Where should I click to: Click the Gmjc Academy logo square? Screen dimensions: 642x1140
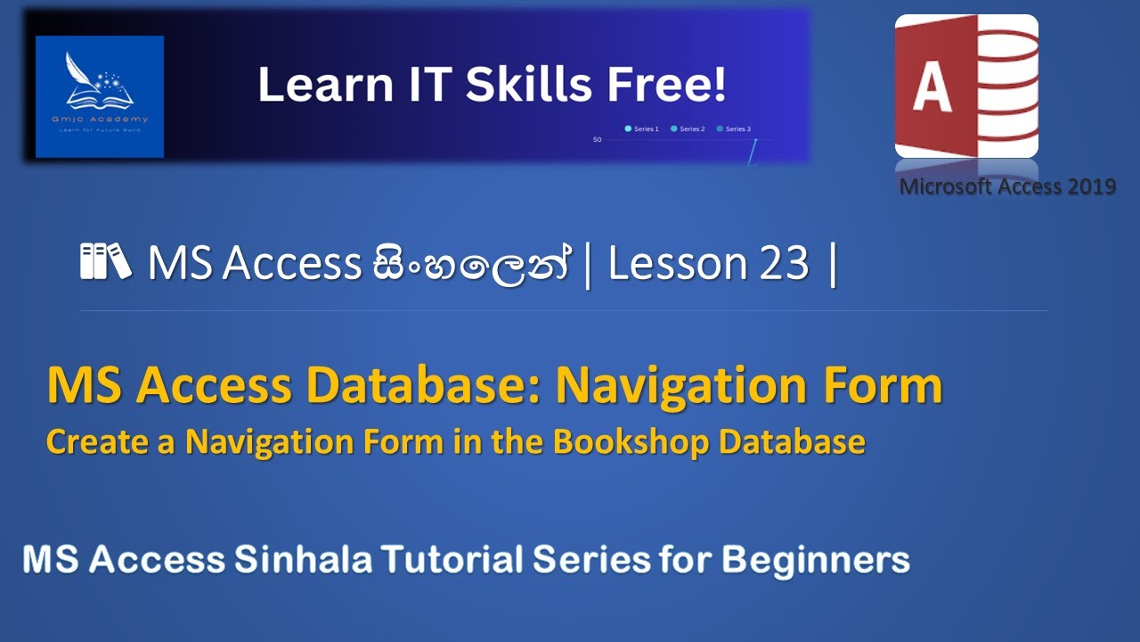point(100,96)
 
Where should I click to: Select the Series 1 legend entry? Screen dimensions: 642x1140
point(642,129)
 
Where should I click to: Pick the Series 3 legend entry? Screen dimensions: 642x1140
point(734,129)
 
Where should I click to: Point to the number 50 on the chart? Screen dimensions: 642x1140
point(598,140)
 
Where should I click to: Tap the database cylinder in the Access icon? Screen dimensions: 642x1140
point(1005,85)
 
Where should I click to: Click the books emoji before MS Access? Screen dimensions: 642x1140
point(106,262)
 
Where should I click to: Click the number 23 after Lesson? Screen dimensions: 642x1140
point(784,264)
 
